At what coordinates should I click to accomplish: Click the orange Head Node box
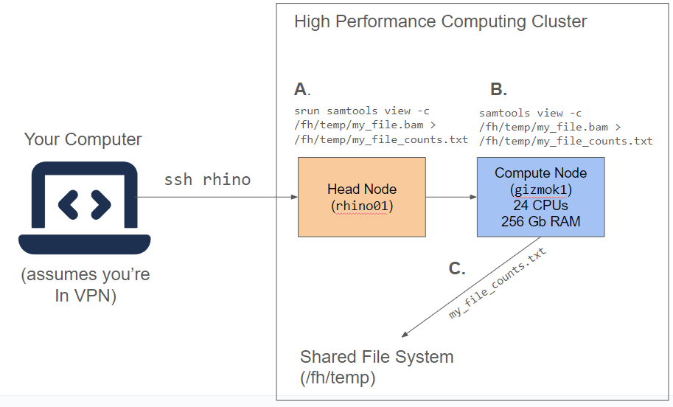(361, 197)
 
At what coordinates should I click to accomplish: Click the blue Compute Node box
(540, 197)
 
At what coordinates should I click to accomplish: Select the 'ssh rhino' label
(207, 179)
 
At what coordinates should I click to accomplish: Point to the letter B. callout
(498, 90)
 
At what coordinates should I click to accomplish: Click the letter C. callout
(457, 268)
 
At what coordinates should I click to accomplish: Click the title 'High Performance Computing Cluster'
(440, 21)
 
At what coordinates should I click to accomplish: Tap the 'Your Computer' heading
(83, 139)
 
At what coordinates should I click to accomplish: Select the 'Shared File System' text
(377, 358)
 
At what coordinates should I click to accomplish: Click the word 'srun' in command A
(307, 111)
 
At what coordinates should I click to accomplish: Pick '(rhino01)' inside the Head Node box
(362, 206)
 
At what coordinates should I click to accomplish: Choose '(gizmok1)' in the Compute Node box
(541, 189)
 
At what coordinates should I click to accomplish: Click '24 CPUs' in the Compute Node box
(541, 205)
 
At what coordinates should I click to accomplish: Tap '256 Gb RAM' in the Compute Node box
(541, 220)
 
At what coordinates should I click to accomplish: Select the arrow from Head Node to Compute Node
(451, 197)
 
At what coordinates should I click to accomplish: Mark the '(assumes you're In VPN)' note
(85, 285)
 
